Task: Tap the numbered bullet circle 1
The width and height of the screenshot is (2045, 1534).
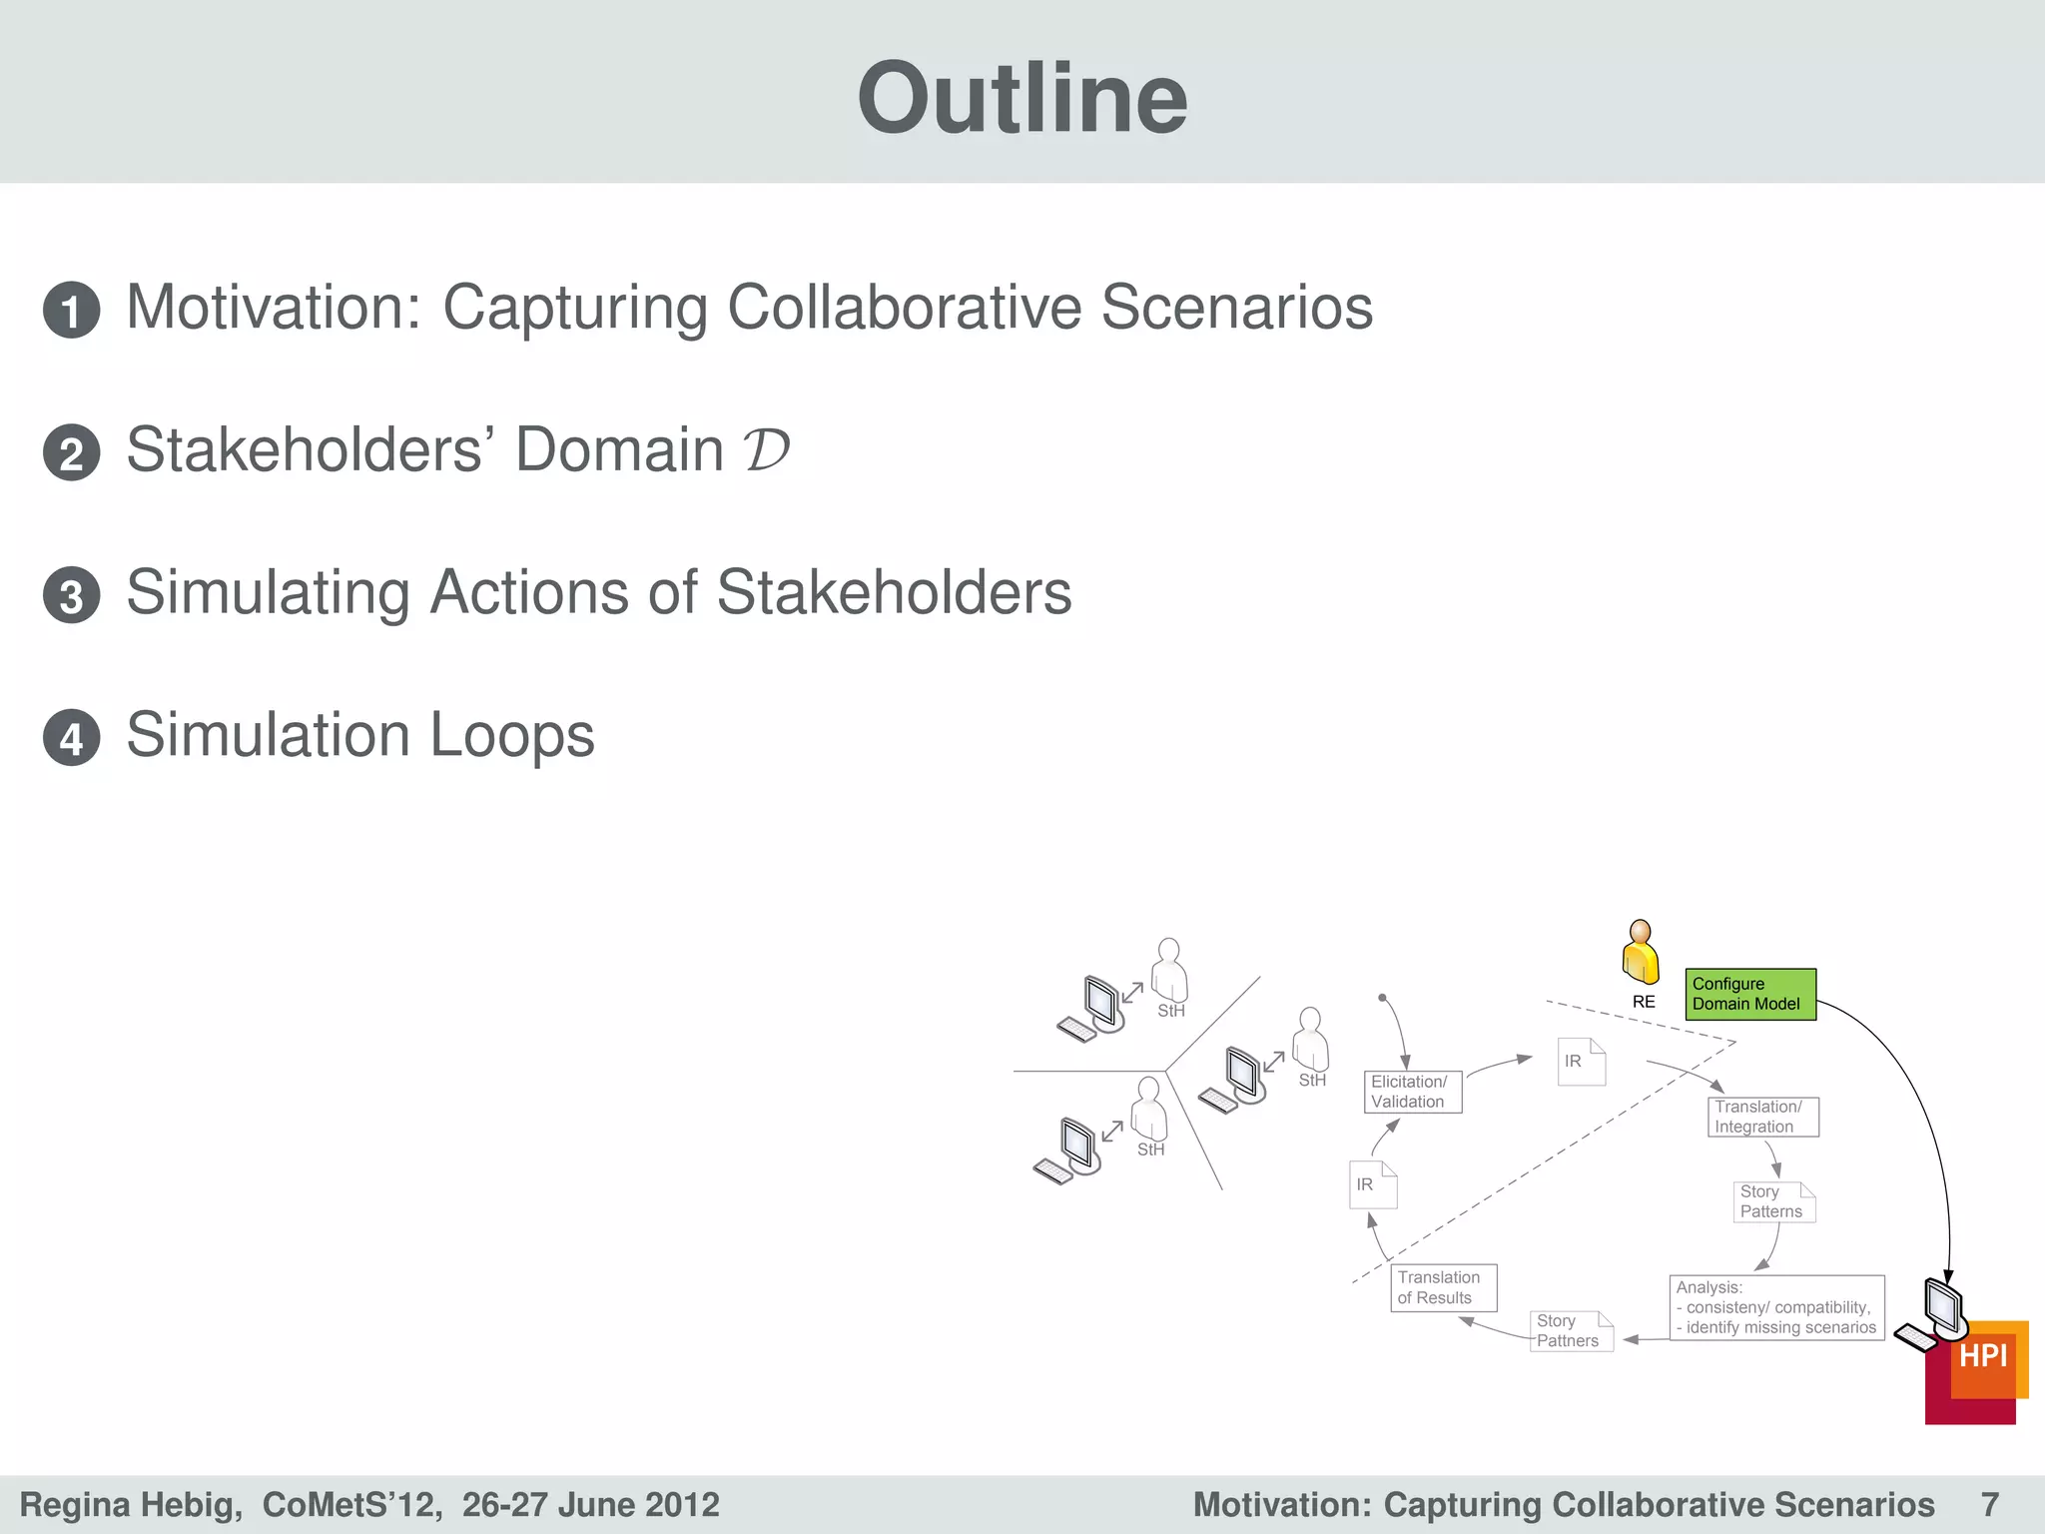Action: pyautogui.click(x=71, y=310)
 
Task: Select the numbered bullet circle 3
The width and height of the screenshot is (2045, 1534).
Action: pyautogui.click(x=71, y=595)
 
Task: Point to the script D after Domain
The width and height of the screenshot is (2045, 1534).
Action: pyautogui.click(x=766, y=449)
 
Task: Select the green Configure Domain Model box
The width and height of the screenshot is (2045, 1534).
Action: pyautogui.click(x=1749, y=994)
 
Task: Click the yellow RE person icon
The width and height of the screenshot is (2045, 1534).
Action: pyautogui.click(x=1641, y=953)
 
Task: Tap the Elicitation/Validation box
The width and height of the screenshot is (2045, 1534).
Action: pyautogui.click(x=1412, y=1092)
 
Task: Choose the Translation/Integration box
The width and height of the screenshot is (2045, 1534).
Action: pyautogui.click(x=1762, y=1117)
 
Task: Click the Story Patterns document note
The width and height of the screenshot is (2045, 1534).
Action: pyautogui.click(x=1774, y=1201)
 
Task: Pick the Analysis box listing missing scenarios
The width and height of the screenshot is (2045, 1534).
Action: pyautogui.click(x=1776, y=1307)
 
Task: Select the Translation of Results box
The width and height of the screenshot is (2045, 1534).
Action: pyautogui.click(x=1443, y=1287)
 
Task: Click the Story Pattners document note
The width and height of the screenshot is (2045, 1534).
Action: pyautogui.click(x=1572, y=1331)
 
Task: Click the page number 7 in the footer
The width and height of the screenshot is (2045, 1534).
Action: pyautogui.click(x=1989, y=1504)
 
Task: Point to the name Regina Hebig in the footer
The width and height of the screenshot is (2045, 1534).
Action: pyautogui.click(x=130, y=1504)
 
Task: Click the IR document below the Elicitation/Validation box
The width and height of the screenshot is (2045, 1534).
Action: pyautogui.click(x=1372, y=1184)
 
